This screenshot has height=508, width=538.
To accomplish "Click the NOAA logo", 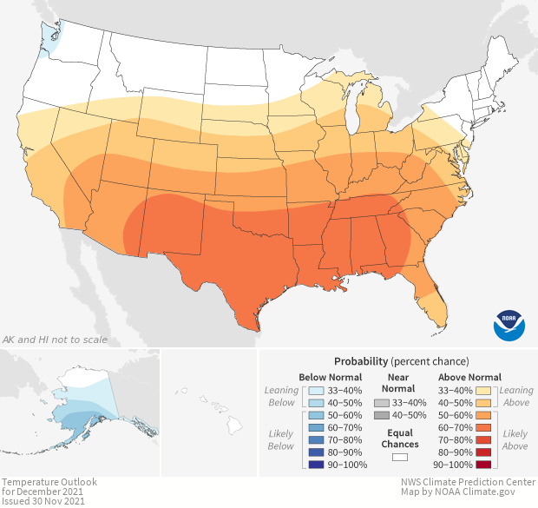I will (x=509, y=324).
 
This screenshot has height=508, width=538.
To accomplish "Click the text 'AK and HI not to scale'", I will (x=55, y=340).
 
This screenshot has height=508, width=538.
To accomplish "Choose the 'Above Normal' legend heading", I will (x=470, y=377).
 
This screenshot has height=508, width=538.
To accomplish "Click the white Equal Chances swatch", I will (x=400, y=457).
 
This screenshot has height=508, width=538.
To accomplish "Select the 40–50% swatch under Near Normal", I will (x=380, y=416).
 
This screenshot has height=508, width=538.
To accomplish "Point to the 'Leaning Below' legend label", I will (x=282, y=396).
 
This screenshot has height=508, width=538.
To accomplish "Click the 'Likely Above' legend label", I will (x=516, y=439).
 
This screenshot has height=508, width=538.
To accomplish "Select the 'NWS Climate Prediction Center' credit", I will (x=467, y=482).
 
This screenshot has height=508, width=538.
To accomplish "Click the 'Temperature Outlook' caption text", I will (x=49, y=481).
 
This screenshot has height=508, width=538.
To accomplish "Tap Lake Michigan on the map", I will (x=353, y=112).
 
